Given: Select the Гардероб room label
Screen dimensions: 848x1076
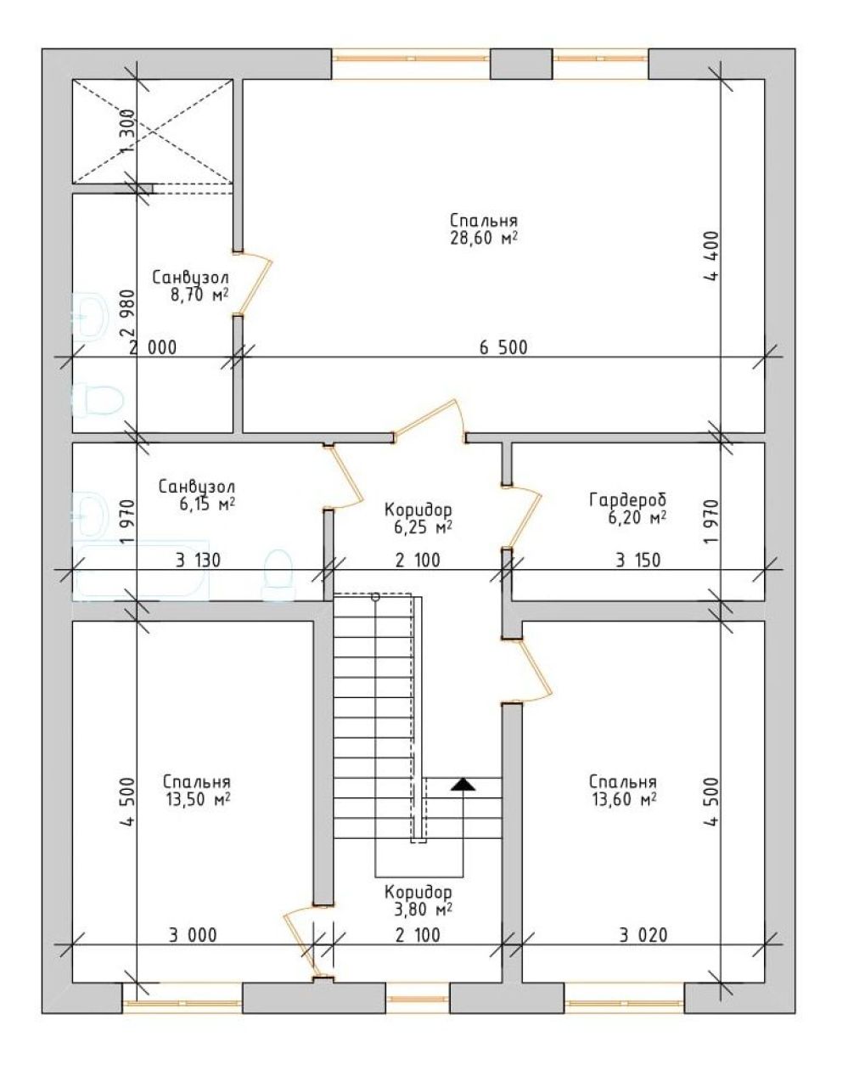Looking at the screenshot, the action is pos(627,499).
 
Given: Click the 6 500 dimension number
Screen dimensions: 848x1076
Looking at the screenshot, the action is pos(503,347).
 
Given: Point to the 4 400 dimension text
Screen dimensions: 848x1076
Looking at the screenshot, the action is pos(711,256).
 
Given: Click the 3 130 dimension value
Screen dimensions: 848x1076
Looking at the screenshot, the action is pos(198,561).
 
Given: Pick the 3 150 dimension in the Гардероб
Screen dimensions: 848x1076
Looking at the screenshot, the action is pos(638,560).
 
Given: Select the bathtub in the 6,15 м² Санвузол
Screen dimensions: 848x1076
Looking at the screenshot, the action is pos(141,571).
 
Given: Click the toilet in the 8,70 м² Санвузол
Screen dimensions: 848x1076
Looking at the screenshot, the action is pos(98,399).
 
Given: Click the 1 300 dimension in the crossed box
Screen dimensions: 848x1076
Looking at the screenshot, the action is pos(128,133).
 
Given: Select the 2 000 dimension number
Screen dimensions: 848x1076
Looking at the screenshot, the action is pos(153,347).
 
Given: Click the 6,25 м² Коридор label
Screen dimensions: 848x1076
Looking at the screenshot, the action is pos(418,519).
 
